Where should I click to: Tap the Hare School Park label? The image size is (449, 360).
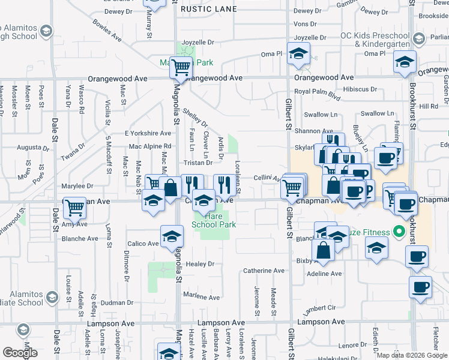213,220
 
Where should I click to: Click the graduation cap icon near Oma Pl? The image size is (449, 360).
298,54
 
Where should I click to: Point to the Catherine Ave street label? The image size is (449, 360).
264,271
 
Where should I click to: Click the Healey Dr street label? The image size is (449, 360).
200,264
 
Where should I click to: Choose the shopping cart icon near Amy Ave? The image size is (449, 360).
74,208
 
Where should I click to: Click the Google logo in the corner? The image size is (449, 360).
20,352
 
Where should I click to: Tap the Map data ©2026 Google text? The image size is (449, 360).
412,355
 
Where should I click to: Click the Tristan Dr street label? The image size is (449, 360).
199,163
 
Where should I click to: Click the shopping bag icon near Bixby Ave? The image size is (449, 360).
323,250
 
